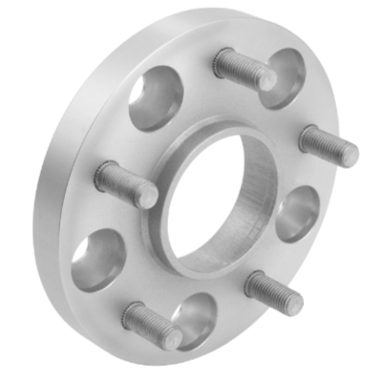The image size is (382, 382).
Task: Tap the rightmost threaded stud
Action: pyautogui.click(x=329, y=145)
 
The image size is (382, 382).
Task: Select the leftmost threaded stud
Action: pyautogui.click(x=125, y=183)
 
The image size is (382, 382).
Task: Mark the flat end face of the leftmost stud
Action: pyautogui.click(x=146, y=194)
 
